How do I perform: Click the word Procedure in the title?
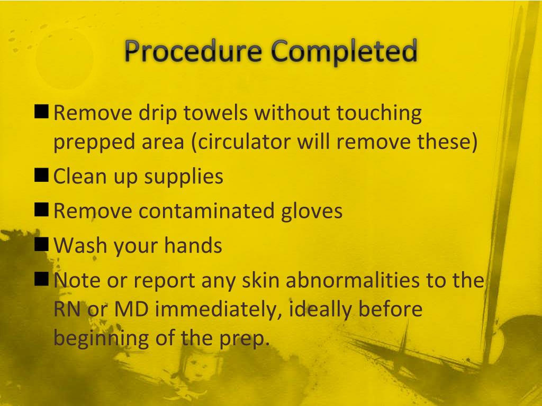pos(193,52)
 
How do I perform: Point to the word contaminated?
pos(206,211)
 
